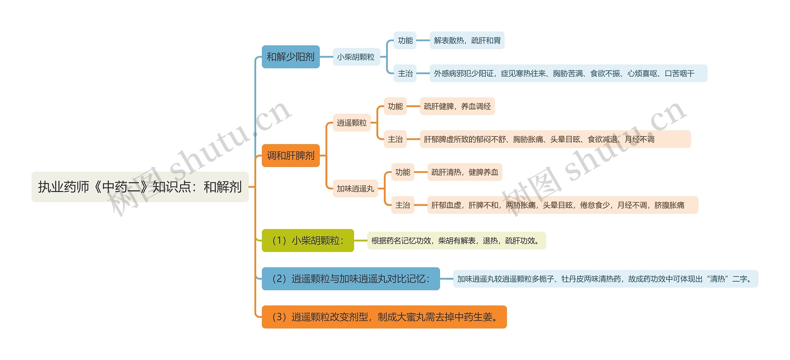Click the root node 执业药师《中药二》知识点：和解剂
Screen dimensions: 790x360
[140, 187]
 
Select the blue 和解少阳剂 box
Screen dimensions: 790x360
[290, 57]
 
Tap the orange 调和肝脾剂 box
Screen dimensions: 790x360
[290, 156]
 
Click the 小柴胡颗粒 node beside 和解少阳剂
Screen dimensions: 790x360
[356, 57]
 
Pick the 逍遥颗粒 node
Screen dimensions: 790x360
[351, 123]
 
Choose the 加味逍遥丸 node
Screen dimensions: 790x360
[355, 189]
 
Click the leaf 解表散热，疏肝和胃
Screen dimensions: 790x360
[467, 40]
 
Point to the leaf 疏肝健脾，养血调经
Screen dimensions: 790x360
[457, 107]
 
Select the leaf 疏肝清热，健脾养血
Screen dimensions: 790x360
[464, 172]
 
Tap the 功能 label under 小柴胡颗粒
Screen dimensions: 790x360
[405, 40]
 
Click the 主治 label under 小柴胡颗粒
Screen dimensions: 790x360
[405, 73]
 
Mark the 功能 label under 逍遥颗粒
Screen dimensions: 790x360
[395, 107]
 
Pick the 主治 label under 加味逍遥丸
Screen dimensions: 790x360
[402, 205]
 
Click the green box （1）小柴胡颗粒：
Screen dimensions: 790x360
[308, 241]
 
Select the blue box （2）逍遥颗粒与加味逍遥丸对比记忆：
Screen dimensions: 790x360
[351, 279]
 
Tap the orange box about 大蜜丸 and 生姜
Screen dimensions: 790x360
[384, 317]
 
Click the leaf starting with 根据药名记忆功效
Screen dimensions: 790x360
[456, 241]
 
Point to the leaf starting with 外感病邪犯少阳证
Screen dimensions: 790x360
[568, 73]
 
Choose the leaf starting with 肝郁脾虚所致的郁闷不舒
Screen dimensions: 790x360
[555, 139]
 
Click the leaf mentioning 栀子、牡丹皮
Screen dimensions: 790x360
[605, 279]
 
